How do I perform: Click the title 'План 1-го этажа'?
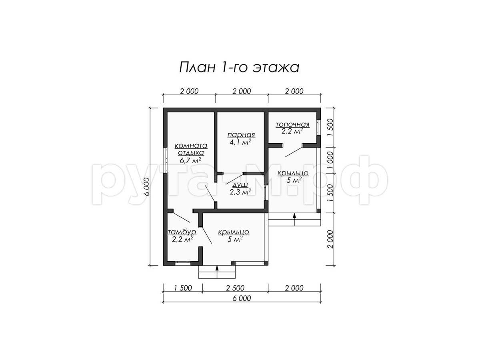[x=239, y=67]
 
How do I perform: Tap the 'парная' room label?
[x=241, y=135]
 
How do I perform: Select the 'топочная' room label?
[x=292, y=124]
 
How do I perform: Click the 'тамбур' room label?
[x=182, y=232]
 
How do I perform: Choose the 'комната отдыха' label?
[x=191, y=149]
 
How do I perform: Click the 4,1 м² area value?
[x=240, y=142]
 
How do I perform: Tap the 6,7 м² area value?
[x=190, y=161]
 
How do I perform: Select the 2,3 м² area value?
[x=240, y=192]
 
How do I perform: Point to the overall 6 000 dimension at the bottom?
[x=242, y=298]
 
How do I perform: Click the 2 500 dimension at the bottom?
[x=235, y=288]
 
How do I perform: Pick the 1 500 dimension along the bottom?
[x=183, y=288]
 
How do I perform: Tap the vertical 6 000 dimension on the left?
[x=146, y=187]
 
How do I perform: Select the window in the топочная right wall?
[x=319, y=128]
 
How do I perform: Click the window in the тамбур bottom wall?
[x=183, y=263]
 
